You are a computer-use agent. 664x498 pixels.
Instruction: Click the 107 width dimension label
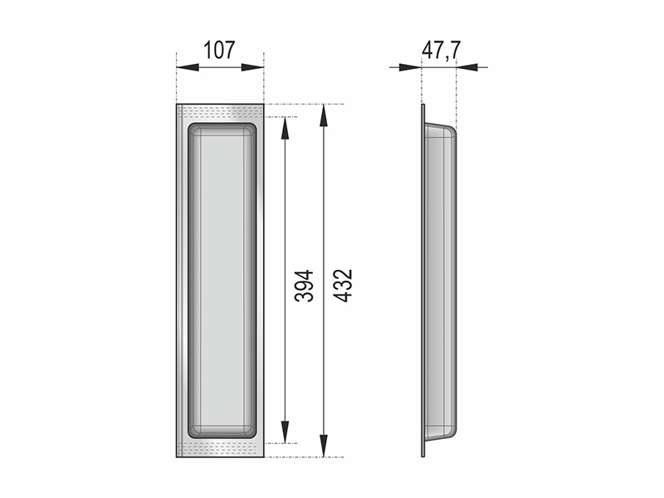pyautogui.click(x=219, y=50)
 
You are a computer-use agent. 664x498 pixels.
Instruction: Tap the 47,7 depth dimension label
pyautogui.click(x=441, y=50)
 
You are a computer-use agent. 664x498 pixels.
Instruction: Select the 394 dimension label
pyautogui.click(x=304, y=286)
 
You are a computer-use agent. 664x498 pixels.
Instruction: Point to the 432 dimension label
pyautogui.click(x=343, y=286)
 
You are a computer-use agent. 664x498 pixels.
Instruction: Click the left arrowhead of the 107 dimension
pyautogui.click(x=188, y=67)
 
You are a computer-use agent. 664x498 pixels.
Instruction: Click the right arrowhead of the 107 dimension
pyautogui.click(x=253, y=67)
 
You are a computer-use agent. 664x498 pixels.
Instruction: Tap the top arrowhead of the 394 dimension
pyautogui.click(x=285, y=128)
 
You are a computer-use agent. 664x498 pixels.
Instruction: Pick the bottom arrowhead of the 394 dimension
pyautogui.click(x=285, y=432)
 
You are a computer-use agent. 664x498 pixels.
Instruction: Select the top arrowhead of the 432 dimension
pyautogui.click(x=324, y=115)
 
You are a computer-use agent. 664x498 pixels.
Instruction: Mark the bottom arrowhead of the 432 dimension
pyautogui.click(x=324, y=446)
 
